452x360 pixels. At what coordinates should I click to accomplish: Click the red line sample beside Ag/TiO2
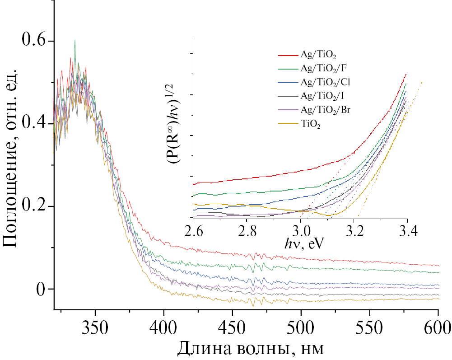[x=287, y=56]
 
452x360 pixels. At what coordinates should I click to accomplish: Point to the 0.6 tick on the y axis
[x=35, y=41]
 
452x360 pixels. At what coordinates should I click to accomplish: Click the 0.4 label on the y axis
[x=35, y=124]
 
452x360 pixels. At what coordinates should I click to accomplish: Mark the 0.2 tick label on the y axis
[x=35, y=206]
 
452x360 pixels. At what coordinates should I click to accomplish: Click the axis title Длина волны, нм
[x=251, y=348]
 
